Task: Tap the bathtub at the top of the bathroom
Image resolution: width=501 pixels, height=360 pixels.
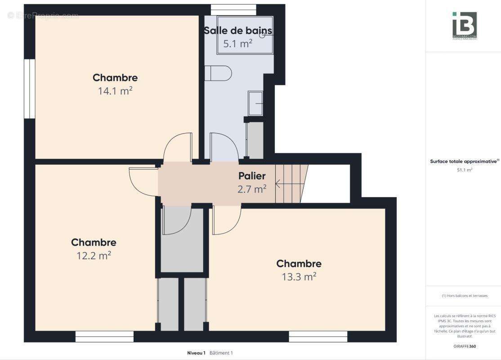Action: click(x=245, y=35)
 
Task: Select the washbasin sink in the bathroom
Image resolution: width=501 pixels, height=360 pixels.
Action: click(x=255, y=103)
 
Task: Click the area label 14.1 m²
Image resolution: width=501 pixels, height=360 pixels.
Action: click(x=115, y=91)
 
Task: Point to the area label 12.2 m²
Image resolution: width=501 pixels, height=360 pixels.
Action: click(x=94, y=256)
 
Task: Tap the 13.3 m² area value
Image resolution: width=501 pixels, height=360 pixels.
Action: click(x=299, y=277)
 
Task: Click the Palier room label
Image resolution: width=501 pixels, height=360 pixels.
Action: click(x=252, y=176)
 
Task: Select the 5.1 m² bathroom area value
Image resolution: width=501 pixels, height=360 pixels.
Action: click(x=238, y=44)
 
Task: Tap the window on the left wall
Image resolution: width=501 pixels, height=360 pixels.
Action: click(x=30, y=89)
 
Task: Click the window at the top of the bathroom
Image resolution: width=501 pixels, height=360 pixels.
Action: click(x=233, y=9)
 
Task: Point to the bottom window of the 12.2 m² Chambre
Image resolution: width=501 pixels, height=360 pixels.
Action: click(x=104, y=336)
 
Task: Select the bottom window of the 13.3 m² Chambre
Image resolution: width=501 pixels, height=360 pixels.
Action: click(x=318, y=336)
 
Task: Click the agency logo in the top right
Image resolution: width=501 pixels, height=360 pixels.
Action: click(x=464, y=25)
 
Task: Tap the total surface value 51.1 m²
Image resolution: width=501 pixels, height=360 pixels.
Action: click(x=464, y=170)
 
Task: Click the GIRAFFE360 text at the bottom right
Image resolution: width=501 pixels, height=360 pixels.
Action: click(x=464, y=346)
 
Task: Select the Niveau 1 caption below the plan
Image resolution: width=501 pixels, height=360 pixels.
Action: click(x=196, y=353)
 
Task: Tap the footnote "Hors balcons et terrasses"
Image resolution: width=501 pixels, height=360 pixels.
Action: click(x=464, y=296)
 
